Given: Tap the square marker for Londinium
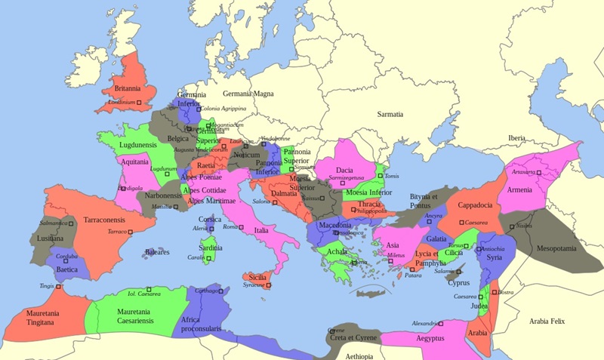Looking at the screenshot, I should coord(141,103).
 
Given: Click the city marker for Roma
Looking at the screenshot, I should coord(242,227).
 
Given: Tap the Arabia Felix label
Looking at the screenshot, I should coord(553,321).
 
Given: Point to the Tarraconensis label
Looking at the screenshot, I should coord(103,220).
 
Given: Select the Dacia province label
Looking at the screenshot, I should coord(344,171).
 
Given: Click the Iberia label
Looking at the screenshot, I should coord(516,138).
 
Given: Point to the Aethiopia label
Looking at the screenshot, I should coord(359,355).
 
